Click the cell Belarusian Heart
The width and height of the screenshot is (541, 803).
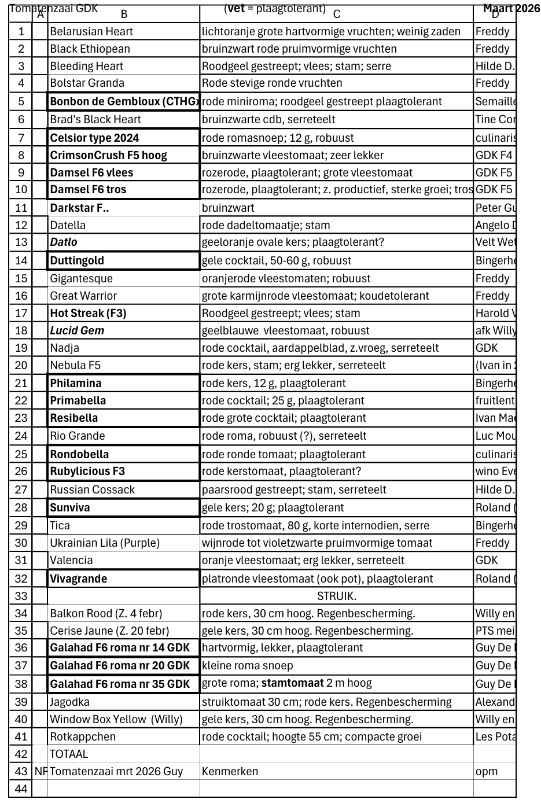(91, 32)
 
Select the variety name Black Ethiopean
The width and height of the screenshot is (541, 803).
(90, 49)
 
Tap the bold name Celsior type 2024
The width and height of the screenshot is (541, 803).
(94, 138)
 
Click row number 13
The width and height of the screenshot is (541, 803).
(21, 242)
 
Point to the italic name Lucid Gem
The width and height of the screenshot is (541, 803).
(77, 330)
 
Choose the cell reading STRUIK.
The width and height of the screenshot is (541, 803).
(336, 596)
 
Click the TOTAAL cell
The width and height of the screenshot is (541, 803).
(69, 754)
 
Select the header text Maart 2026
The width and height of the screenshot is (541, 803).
(511, 9)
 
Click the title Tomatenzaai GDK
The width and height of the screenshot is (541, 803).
(54, 9)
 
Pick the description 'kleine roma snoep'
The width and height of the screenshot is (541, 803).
(247, 666)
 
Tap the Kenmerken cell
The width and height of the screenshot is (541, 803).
(230, 771)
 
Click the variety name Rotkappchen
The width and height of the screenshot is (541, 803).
(83, 736)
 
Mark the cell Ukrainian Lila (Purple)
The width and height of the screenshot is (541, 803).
(105, 543)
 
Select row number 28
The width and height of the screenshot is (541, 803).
(21, 507)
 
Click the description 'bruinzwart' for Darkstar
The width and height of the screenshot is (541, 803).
(228, 208)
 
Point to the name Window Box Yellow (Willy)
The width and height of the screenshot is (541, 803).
(116, 719)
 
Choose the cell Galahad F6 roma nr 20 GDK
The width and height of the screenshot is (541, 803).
(120, 666)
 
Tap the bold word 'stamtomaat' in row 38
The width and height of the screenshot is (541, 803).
(292, 683)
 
